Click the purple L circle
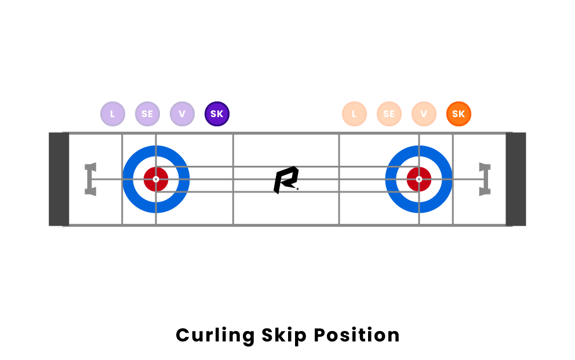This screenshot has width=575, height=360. coord(112,114)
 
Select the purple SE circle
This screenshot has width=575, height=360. coord(147,114)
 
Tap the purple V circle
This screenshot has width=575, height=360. coord(182,114)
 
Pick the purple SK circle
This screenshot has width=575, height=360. coord(217,114)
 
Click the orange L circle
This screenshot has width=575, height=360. coord(354,114)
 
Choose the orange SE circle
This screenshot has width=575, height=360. coord(389,114)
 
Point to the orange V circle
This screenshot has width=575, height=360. coord(424,114)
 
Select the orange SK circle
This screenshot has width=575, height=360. coord(458,114)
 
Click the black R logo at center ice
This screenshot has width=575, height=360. coord(286,180)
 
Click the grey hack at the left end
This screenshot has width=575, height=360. coord(90,179)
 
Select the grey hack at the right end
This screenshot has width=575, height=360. coord(485,179)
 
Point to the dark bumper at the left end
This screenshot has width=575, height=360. coord(59,179)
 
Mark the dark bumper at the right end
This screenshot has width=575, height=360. coord(516,179)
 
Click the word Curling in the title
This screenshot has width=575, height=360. coord(215,336)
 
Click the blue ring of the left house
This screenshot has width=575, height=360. coord(128,179)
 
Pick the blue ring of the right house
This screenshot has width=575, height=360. coord(447,179)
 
